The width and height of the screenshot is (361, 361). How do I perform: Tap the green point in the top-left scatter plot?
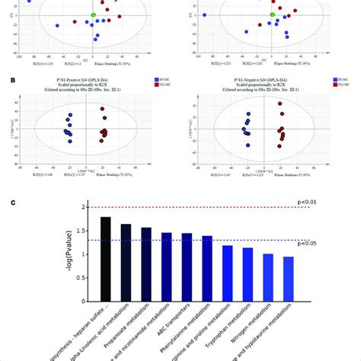pyautogui.click(x=93, y=14)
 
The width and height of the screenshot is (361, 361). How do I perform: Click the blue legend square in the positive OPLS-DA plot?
pyautogui.click(x=155, y=78)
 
